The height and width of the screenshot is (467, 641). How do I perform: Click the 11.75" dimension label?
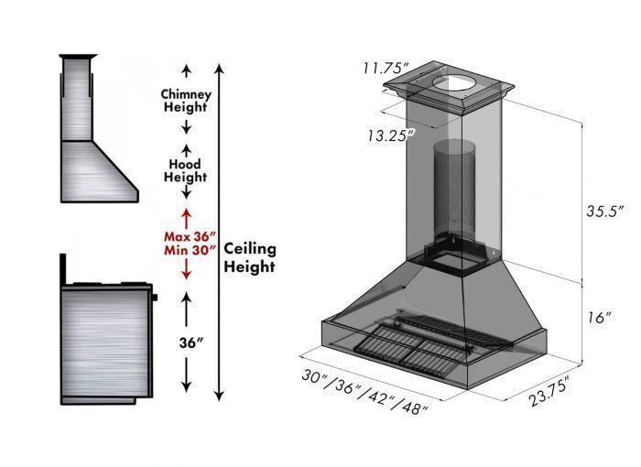point(384,68)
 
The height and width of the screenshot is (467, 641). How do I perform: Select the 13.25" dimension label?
point(388,135)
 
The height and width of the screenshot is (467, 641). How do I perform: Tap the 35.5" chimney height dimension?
point(605,210)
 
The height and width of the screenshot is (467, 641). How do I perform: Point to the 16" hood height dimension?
point(599,318)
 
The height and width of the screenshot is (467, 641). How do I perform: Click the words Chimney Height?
point(186,101)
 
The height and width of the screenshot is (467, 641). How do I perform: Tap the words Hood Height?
point(186,170)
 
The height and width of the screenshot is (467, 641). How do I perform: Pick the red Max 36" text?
point(187,233)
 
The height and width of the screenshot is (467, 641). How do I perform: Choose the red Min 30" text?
point(187,249)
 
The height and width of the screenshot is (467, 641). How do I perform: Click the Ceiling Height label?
point(250,257)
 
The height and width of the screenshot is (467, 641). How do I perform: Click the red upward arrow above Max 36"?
point(186,216)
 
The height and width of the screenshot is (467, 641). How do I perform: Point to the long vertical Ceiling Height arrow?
point(218,229)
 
